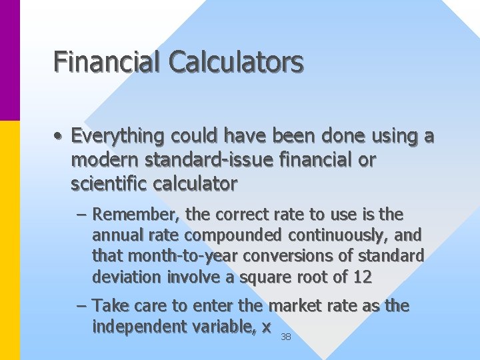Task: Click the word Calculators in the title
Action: (236, 62)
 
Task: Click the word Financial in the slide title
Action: (107, 62)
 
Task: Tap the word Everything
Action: (117, 137)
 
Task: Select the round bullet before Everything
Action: (59, 137)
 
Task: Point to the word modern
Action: (101, 160)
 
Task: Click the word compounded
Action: (234, 235)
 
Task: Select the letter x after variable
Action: (266, 327)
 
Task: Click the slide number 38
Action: (286, 337)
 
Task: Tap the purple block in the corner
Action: (10, 60)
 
